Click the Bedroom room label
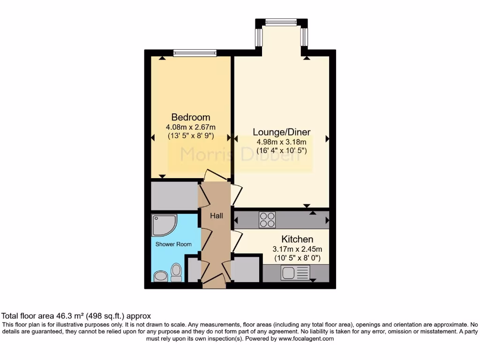click(x=190, y=117)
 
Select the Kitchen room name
click(x=297, y=239)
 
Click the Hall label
click(x=216, y=216)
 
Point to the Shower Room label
click(x=173, y=244)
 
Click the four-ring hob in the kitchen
click(x=267, y=220)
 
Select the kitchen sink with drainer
click(x=295, y=273)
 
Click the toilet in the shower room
click(x=176, y=272)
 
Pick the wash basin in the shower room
click(x=160, y=276)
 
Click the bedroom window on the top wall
click(x=195, y=53)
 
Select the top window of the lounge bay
click(x=281, y=22)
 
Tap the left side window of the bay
click(x=258, y=37)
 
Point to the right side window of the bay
click(x=304, y=37)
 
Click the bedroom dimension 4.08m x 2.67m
click(x=190, y=127)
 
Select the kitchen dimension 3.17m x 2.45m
click(x=297, y=249)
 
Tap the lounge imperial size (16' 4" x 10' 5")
click(x=281, y=151)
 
